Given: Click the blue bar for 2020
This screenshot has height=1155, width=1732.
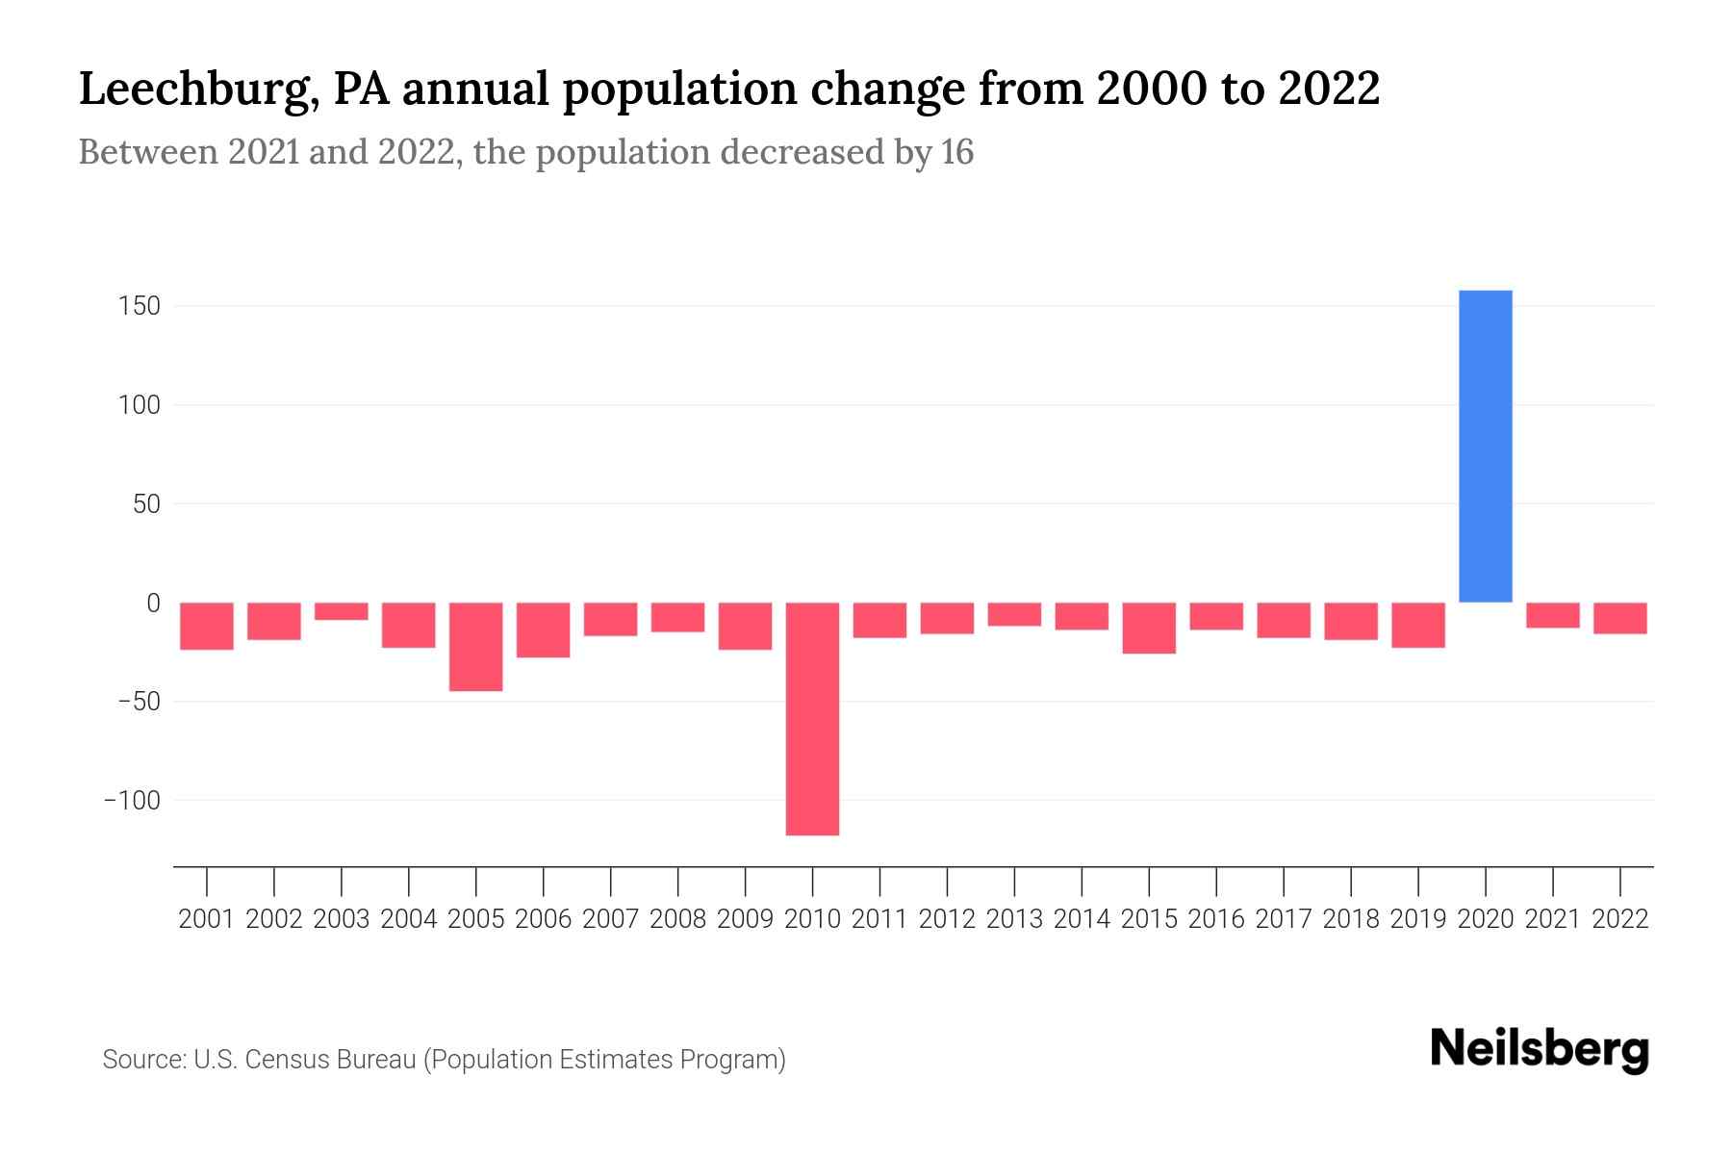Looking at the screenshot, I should point(1485,446).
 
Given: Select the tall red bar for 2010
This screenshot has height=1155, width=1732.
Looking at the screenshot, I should point(812,718).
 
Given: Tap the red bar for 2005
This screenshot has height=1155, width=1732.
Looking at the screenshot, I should point(475,647).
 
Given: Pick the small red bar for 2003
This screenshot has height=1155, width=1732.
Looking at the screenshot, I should point(341,611).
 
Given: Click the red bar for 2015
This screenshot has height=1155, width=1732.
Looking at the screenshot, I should point(1148,628).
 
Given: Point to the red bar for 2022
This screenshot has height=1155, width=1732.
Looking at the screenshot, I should point(1619,618).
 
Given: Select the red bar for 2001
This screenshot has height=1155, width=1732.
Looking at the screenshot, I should point(207,626).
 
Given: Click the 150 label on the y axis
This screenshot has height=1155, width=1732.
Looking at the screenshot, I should point(139,306).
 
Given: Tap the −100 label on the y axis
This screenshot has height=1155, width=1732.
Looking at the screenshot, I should point(132,800).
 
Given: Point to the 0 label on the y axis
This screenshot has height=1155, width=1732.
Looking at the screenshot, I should point(152,603).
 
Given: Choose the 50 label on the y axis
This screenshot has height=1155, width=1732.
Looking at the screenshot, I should point(145,503).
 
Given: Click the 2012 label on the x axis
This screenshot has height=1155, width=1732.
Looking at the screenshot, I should point(947,919).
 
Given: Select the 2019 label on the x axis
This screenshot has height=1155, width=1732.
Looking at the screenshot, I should point(1417,919).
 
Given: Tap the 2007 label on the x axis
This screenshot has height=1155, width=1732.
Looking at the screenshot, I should point(610,919).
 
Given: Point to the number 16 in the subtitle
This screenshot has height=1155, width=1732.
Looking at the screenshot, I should point(956,152).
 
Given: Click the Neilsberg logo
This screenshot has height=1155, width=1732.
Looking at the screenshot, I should point(1539,1050).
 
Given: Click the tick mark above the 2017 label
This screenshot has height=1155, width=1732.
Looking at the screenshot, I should point(1284,880).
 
